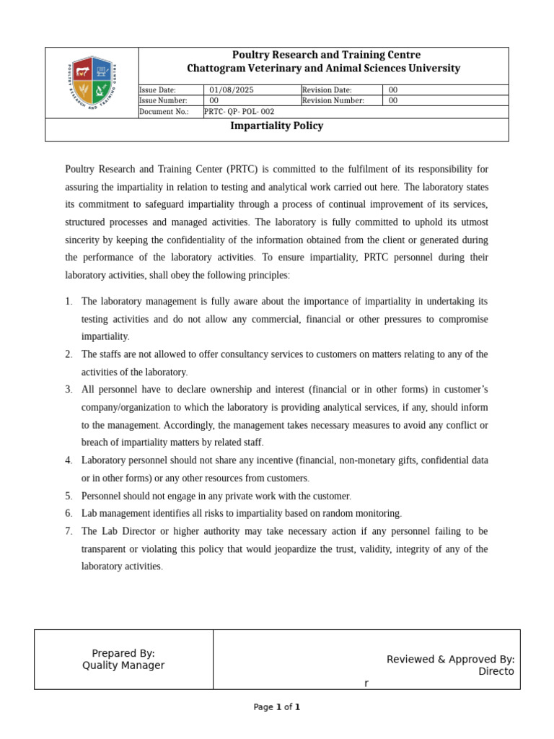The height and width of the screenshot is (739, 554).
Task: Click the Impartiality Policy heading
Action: [276, 126]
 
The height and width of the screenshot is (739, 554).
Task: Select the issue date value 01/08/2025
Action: [232, 90]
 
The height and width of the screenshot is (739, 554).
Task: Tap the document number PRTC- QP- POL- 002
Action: [239, 112]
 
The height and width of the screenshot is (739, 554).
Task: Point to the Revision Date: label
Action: [327, 90]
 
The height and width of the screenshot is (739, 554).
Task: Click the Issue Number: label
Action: [163, 101]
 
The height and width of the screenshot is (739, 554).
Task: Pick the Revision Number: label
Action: [333, 101]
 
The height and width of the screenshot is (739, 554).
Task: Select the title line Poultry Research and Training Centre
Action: [326, 56]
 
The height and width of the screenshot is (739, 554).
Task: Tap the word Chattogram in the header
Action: [216, 69]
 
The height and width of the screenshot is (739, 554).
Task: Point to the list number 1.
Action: [69, 302]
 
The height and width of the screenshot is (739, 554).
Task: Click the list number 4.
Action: [69, 460]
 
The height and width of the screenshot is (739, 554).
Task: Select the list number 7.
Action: [69, 531]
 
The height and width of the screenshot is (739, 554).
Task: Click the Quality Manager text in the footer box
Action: [123, 665]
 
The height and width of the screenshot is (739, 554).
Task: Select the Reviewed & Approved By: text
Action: [450, 660]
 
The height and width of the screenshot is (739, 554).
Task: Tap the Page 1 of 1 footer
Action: [276, 707]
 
